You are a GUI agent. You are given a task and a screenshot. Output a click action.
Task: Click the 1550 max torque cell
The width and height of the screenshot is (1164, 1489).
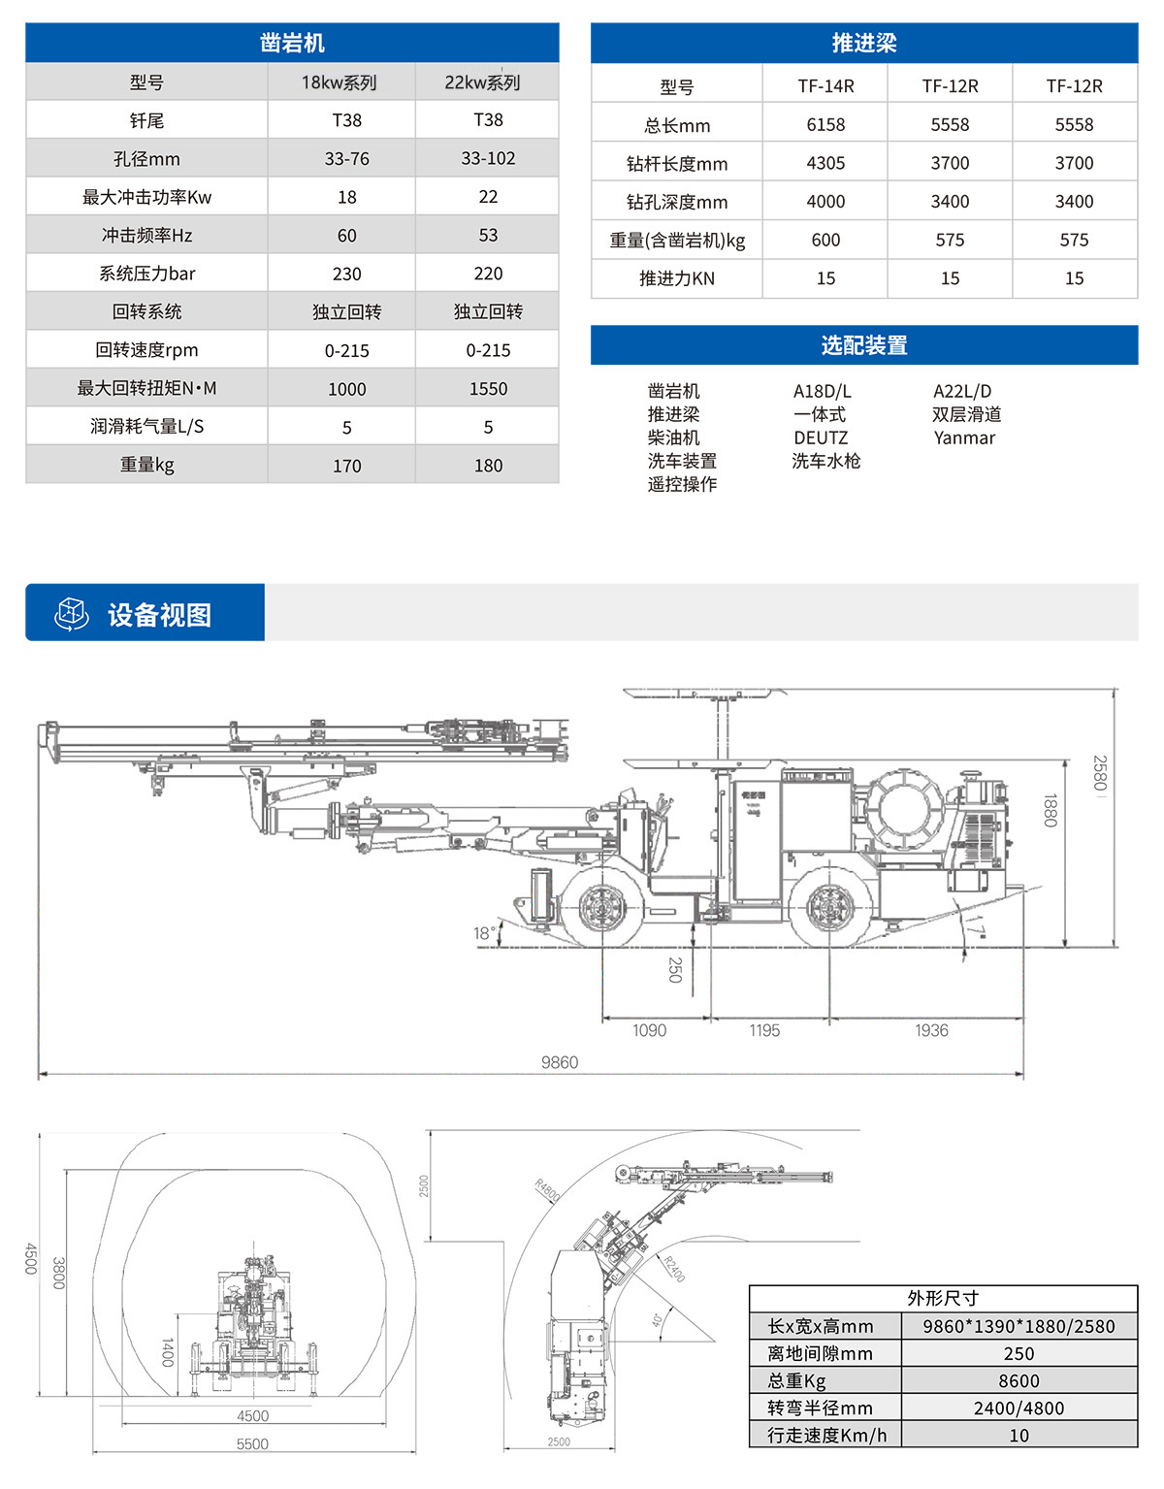tap(488, 389)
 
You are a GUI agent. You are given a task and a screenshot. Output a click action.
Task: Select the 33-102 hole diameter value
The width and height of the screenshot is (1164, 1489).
tap(488, 158)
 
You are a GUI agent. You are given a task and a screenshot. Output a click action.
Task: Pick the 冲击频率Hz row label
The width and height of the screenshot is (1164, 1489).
tap(146, 236)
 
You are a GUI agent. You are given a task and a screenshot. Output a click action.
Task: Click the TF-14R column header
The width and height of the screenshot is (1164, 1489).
tap(825, 86)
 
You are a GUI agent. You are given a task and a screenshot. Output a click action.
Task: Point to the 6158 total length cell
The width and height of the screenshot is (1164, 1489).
tap(825, 125)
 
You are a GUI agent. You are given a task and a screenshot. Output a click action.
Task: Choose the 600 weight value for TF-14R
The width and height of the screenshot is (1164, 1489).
tap(825, 240)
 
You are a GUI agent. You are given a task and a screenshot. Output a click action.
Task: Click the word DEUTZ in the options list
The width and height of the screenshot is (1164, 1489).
tap(821, 437)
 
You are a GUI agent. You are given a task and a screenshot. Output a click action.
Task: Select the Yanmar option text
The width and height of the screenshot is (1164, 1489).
tap(964, 437)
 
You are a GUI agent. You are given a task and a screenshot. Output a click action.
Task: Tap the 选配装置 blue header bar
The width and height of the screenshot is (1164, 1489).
tap(863, 345)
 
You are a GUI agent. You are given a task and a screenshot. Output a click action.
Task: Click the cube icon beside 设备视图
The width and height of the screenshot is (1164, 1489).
tap(72, 614)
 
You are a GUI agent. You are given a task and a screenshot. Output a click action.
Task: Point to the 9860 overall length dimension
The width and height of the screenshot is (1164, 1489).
tap(560, 1062)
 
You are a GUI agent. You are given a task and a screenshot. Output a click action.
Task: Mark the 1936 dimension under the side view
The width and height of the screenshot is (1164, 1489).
tap(931, 1030)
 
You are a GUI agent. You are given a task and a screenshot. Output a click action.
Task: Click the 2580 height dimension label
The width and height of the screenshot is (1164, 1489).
tap(1099, 773)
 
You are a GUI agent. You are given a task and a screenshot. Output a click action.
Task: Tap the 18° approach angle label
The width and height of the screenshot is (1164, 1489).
tap(484, 933)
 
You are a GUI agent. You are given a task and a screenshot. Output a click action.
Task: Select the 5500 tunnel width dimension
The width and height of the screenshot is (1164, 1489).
tap(252, 1443)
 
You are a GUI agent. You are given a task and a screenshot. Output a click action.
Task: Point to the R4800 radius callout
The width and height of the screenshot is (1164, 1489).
tap(548, 1190)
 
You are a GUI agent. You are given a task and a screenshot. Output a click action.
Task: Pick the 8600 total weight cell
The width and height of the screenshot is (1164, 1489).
tap(1018, 1380)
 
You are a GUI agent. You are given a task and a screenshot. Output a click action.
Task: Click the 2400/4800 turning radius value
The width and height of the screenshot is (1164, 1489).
tap(1018, 1408)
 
